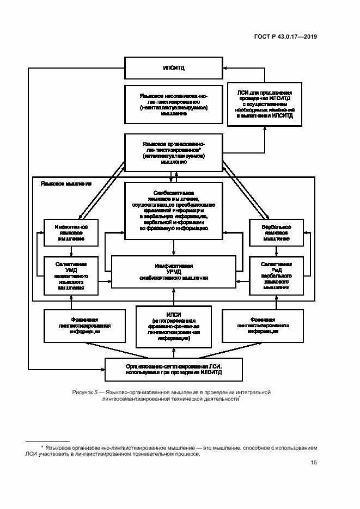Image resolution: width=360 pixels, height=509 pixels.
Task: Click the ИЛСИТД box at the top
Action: click(173, 68)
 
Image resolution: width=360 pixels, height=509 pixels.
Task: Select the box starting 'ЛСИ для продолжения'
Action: click(265, 105)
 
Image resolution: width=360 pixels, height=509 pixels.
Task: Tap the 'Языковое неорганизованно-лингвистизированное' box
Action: click(173, 104)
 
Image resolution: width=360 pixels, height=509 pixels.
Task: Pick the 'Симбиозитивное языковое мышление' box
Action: click(173, 210)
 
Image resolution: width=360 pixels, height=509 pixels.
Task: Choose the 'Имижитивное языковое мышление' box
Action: click(71, 232)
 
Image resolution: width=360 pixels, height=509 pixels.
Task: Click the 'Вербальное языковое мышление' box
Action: click(276, 232)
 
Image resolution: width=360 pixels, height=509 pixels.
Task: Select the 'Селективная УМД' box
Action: click(71, 276)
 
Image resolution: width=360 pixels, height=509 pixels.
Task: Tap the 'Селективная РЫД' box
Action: click(276, 276)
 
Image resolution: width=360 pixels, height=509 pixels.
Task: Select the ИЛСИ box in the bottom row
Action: click(173, 327)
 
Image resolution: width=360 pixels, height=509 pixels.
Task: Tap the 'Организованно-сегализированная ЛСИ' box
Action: click(173, 370)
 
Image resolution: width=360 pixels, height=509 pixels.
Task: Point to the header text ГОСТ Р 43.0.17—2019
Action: click(285, 37)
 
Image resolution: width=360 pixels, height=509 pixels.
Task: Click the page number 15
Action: click(313, 463)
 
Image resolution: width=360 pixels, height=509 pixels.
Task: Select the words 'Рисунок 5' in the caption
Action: click(84, 392)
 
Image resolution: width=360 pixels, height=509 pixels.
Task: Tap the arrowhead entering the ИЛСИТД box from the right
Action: click(225, 68)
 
